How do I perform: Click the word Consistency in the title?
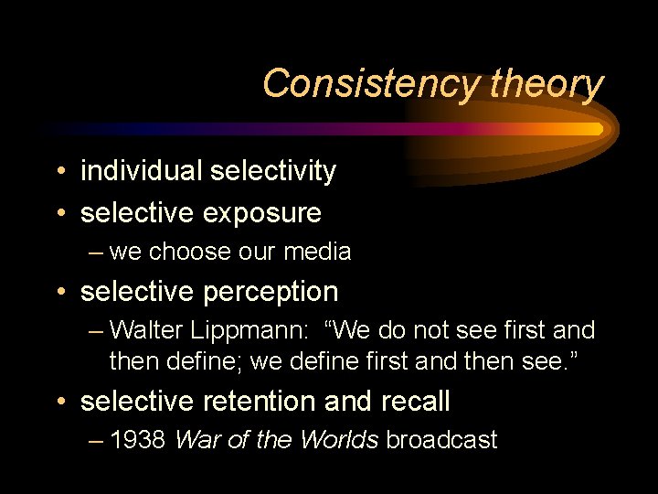tap(371, 84)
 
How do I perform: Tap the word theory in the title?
tap(547, 84)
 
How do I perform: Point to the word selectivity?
tap(273, 171)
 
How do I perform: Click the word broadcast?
tap(441, 440)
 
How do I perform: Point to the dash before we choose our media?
tap(97, 252)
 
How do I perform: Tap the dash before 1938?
tap(97, 441)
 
